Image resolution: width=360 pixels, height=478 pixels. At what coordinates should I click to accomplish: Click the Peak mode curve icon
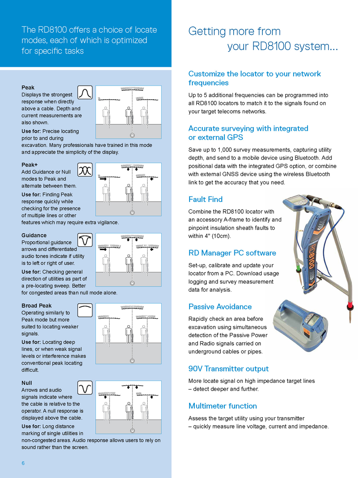pos(84,92)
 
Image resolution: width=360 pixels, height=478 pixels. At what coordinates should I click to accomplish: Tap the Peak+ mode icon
pos(84,170)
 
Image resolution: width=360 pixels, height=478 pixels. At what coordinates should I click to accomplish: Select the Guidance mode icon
pos(84,240)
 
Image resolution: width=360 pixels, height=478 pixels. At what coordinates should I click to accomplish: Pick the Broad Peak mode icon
pos(84,310)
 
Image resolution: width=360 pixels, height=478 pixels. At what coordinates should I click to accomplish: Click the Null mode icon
pos(84,387)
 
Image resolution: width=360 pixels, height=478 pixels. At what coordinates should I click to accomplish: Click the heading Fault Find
pos(205,199)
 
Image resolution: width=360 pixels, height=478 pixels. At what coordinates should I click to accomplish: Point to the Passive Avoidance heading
pos(220,307)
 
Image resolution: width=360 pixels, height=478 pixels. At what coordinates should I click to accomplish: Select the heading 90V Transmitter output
pos(228,369)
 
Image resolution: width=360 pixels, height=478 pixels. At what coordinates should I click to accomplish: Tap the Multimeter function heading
pos(222,406)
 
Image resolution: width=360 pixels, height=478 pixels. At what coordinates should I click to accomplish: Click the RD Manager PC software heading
pos(232,253)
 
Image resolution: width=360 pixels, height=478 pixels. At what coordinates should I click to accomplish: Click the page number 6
pos(23,463)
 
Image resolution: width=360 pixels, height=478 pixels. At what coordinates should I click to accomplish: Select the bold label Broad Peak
pos(36,306)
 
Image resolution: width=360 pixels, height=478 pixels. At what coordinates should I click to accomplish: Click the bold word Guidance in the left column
pos(34,235)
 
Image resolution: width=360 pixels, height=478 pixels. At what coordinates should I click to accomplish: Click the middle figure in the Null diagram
pos(129,411)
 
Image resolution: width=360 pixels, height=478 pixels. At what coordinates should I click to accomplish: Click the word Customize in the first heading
pos(206,74)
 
